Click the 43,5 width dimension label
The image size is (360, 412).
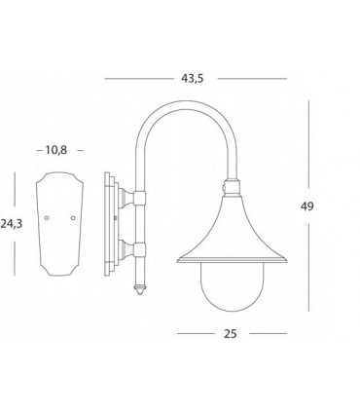pyautogui.click(x=193, y=79)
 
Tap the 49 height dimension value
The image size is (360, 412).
pyautogui.click(x=306, y=206)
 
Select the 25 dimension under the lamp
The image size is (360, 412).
pyautogui.click(x=231, y=334)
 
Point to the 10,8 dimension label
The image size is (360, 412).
pyautogui.click(x=56, y=150)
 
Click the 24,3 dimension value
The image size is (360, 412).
pyautogui.click(x=12, y=224)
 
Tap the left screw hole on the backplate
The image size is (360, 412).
pyautogui.click(x=47, y=217)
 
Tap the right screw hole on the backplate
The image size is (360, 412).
pyautogui.click(x=73, y=217)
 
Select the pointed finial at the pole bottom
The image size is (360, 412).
pyautogui.click(x=139, y=289)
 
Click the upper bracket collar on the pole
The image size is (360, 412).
pyautogui.click(x=139, y=198)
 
